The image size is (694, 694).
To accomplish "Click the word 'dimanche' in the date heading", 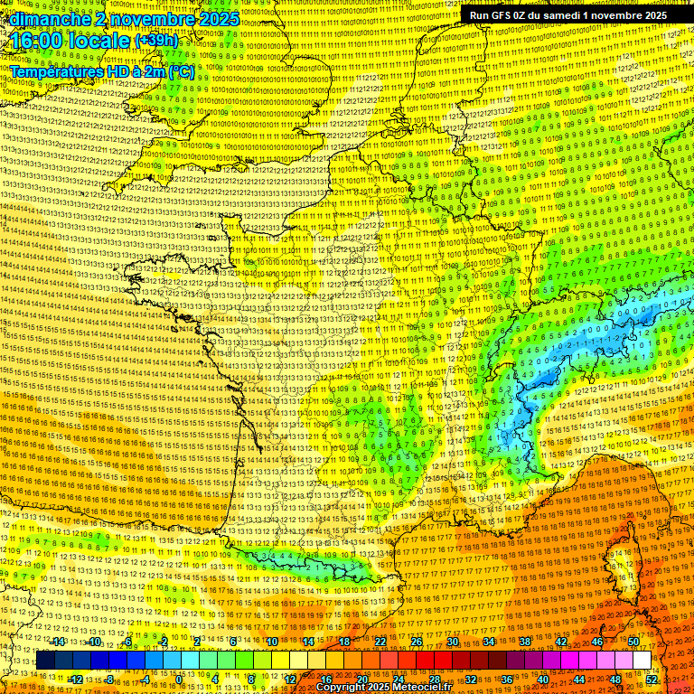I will (x=51, y=19).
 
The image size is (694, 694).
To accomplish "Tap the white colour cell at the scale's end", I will (x=642, y=661).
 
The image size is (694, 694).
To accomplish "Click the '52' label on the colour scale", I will (x=652, y=679).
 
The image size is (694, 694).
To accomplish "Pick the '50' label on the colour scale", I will (x=633, y=642).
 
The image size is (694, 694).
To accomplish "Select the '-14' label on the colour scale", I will (x=58, y=642).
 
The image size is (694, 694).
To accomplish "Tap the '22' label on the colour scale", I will (x=380, y=642).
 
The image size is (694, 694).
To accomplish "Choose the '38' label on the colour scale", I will (x=525, y=642).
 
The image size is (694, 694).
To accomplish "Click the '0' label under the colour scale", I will (x=180, y=679).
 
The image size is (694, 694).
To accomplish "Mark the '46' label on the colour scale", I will (x=597, y=642).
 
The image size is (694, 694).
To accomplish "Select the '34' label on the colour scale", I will (x=489, y=642).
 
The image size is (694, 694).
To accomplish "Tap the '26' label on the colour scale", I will (x=417, y=642).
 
